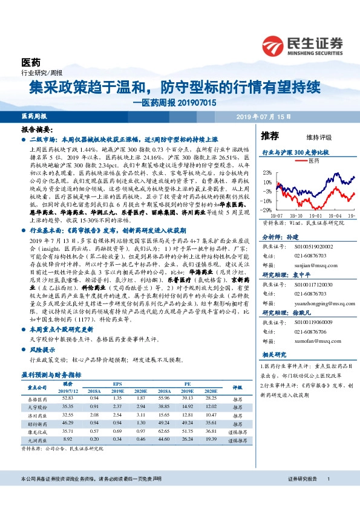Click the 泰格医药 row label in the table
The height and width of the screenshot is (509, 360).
tap(38, 400)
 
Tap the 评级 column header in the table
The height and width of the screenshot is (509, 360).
tap(237, 387)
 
